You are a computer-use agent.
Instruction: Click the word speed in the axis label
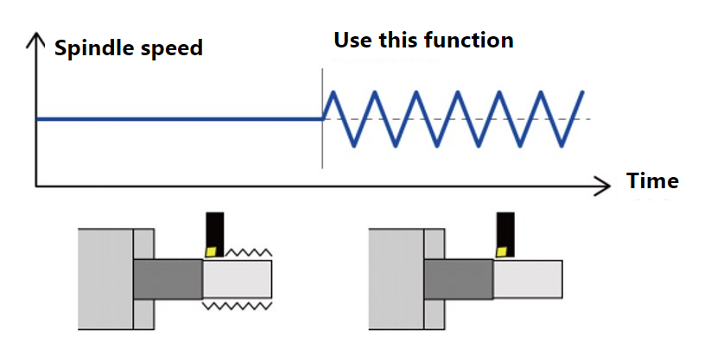click(x=172, y=48)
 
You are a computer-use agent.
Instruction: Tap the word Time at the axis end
click(x=652, y=181)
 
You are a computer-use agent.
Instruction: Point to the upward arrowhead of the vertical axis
click(x=35, y=40)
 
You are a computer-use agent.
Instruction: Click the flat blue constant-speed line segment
click(x=173, y=119)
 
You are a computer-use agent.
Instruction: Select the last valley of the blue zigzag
click(x=562, y=145)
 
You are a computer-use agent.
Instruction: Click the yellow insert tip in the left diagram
click(x=210, y=249)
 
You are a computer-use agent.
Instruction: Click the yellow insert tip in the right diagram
click(x=502, y=249)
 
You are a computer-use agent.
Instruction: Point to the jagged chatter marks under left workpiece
click(x=237, y=306)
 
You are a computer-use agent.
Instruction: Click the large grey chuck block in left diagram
click(x=105, y=278)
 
